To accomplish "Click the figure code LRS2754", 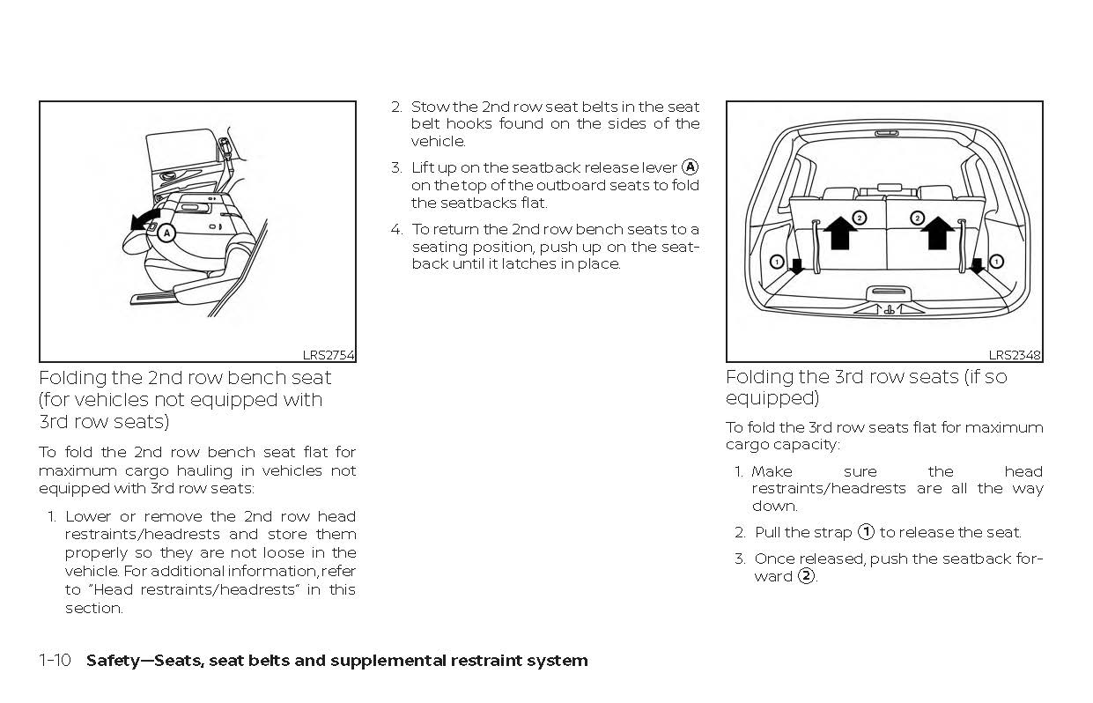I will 329,355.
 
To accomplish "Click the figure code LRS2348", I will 1015,355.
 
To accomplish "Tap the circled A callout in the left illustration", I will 168,233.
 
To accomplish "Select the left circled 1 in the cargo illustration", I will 776,261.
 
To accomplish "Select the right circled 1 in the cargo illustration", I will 996,261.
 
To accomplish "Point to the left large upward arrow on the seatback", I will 841,233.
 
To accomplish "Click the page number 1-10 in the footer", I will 55,661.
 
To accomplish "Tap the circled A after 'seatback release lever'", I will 691,167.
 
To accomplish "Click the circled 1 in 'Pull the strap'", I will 866,532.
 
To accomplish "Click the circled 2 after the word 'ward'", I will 805,576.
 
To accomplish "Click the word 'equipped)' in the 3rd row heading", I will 772,398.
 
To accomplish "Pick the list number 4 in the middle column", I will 396,229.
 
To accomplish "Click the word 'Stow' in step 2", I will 430,107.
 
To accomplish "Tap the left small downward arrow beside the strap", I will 796,266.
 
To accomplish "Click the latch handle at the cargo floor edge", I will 889,292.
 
